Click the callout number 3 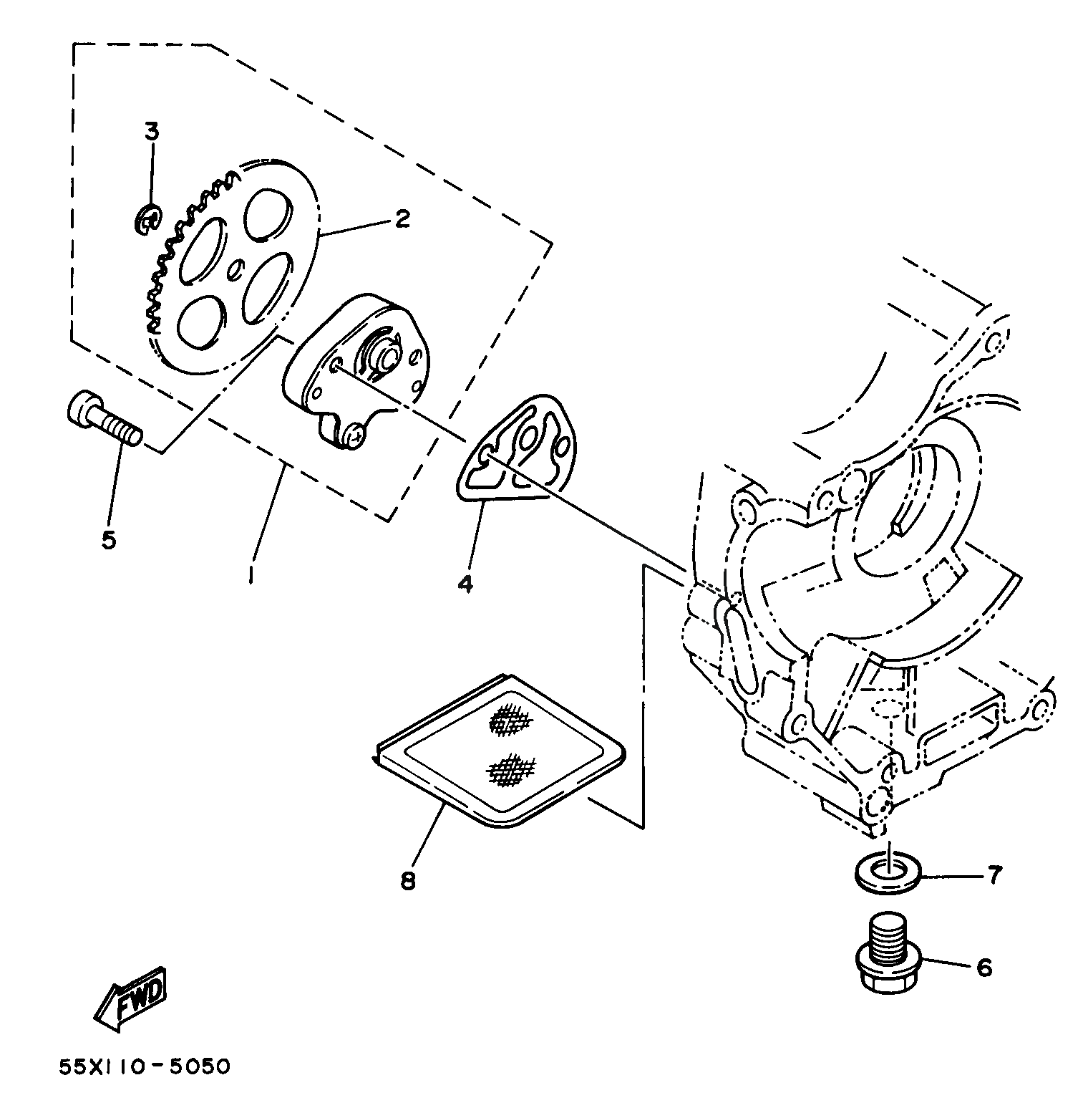[x=152, y=132]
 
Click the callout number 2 [x=402, y=218]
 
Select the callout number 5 [x=108, y=539]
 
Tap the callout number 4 [x=465, y=584]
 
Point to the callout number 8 [x=407, y=881]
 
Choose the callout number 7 [x=994, y=874]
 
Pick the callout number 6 [x=985, y=968]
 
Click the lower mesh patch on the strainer [x=511, y=769]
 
